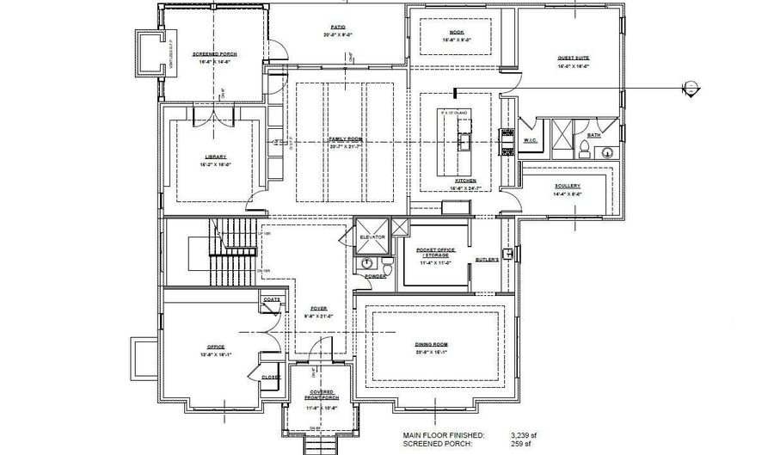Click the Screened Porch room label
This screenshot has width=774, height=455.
(214, 53)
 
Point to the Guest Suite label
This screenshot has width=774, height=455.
(572, 58)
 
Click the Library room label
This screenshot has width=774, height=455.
(215, 157)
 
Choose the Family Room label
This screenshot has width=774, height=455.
(342, 138)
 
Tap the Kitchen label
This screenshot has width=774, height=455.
(453, 181)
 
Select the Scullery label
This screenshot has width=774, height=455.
(567, 185)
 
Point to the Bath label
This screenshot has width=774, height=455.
(593, 134)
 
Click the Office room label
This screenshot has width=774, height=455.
(215, 347)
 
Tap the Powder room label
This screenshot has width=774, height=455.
(374, 276)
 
